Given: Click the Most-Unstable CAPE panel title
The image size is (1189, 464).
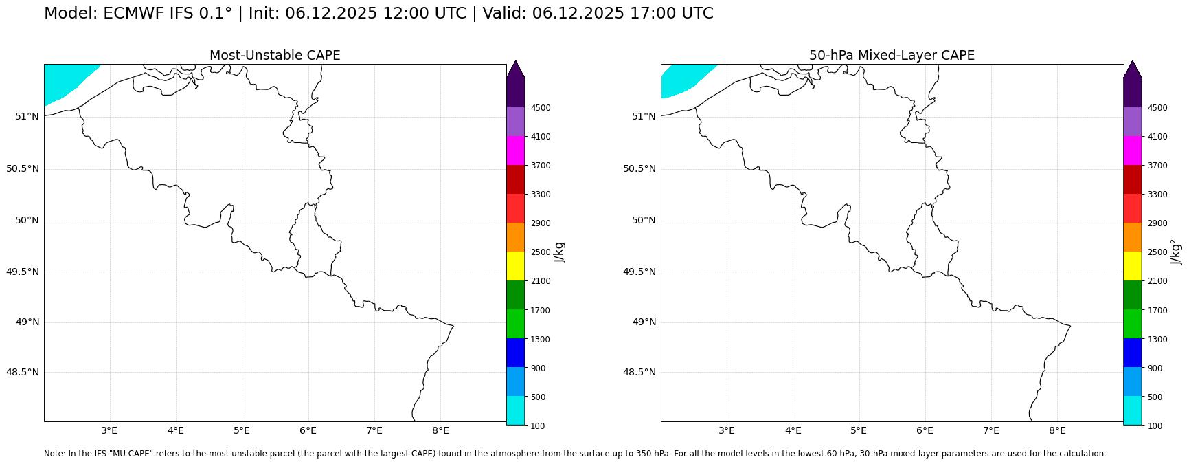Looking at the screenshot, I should (x=275, y=56).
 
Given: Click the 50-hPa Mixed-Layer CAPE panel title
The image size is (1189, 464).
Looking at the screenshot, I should (x=892, y=56).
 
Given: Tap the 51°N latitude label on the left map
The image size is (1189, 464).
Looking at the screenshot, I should (x=27, y=116).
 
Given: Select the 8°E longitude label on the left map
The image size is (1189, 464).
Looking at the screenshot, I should (x=440, y=431).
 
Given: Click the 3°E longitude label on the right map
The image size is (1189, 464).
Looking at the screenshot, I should (x=727, y=431).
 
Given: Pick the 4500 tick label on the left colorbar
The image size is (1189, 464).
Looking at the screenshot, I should (x=541, y=108).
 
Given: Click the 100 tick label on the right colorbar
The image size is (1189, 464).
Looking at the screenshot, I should (x=1155, y=426).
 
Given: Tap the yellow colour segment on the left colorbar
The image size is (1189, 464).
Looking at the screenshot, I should (x=516, y=266).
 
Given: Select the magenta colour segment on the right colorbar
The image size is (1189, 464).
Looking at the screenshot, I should (x=1133, y=151).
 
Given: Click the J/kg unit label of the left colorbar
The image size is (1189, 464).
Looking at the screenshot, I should (x=560, y=252).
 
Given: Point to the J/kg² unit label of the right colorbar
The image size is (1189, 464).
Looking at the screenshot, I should (x=1177, y=252).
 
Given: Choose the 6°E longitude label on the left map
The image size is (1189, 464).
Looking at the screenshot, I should (x=308, y=431).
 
